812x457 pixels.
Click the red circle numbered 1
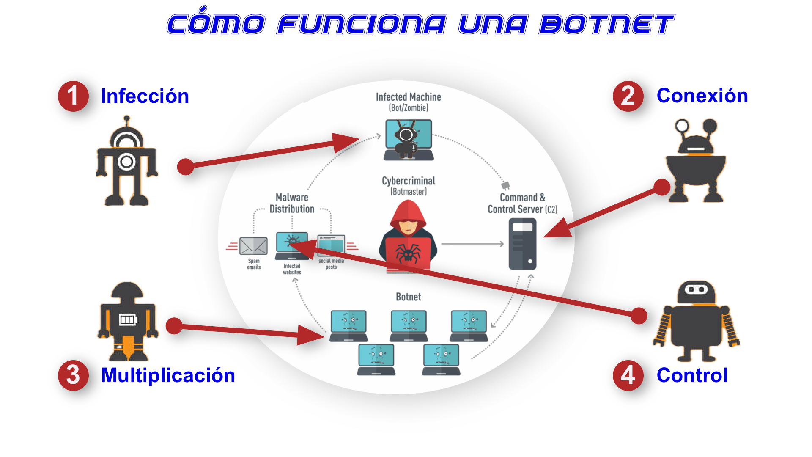73,96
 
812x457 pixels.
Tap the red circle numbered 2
628,96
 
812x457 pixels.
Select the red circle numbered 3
73,375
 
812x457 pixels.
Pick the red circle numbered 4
628,375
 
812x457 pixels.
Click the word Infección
145,96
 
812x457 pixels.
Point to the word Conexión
702,96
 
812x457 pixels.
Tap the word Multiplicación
168,375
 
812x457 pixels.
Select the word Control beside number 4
692,375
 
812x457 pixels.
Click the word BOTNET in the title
606,25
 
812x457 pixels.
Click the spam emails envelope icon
253,246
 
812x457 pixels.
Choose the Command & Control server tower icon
522,244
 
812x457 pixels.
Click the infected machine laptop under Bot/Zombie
409,140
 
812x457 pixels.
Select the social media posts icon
331,245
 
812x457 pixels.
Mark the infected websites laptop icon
292,246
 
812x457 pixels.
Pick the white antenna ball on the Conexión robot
682,126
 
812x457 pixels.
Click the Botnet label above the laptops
408,297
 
